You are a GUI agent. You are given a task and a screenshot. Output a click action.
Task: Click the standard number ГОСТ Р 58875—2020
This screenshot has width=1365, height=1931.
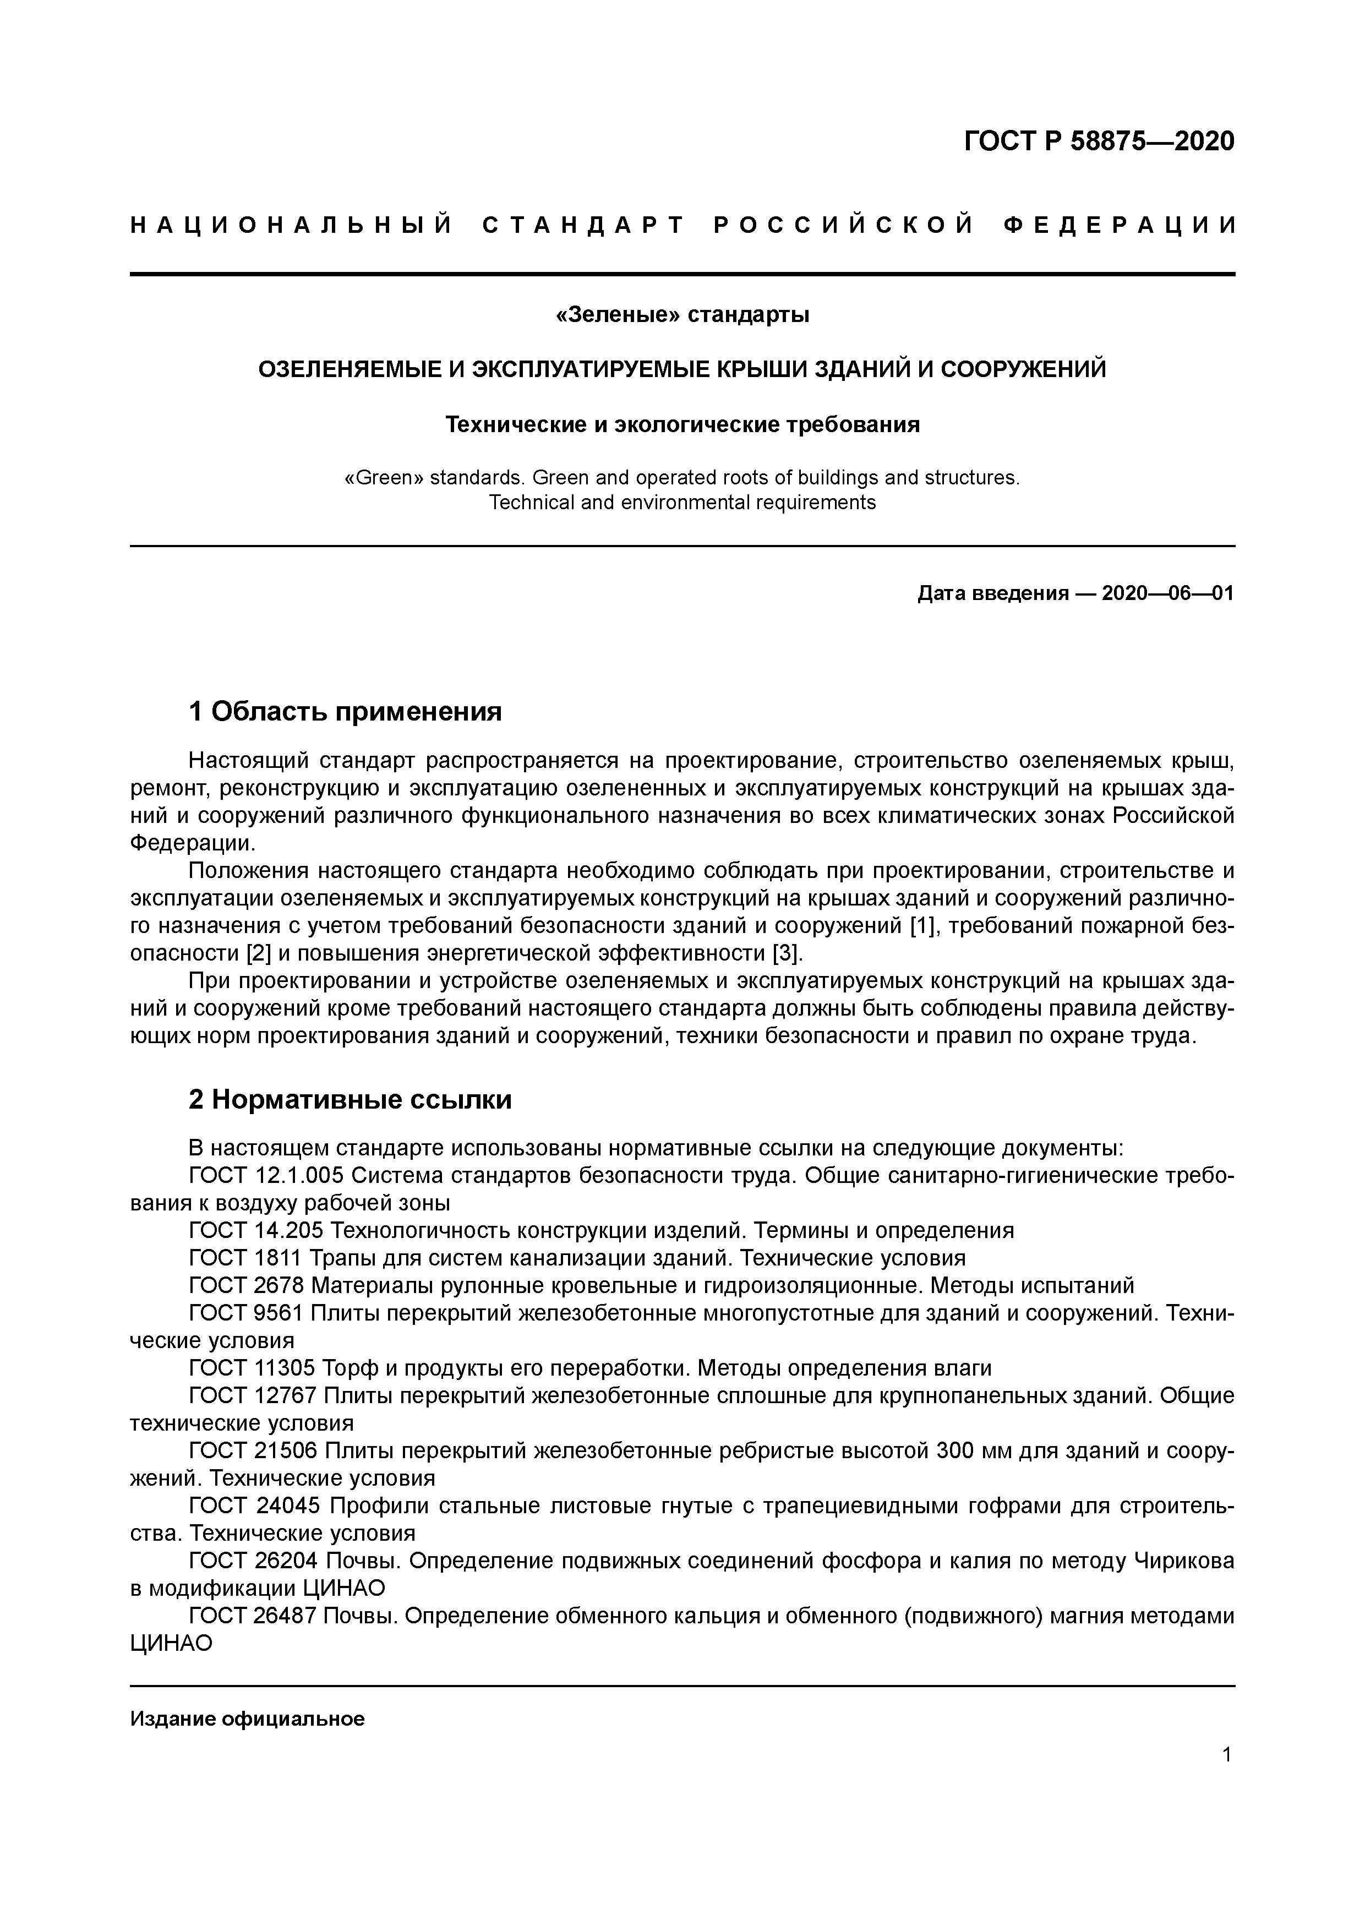tap(1099, 141)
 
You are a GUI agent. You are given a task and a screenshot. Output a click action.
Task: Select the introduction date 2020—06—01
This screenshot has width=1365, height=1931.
tap(1167, 594)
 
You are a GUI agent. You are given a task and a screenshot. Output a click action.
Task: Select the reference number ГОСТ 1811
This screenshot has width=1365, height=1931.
tap(247, 1258)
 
